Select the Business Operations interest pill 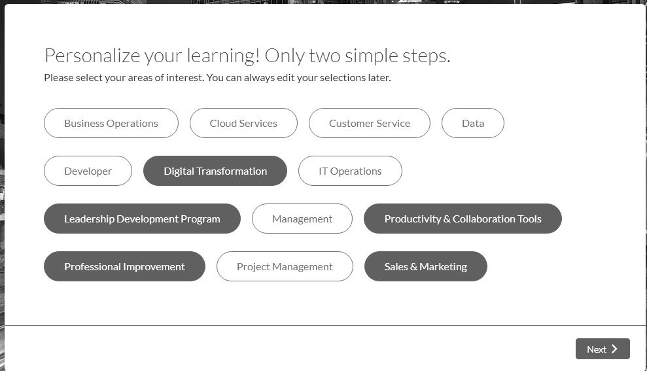tap(111, 123)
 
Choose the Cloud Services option tap(243, 123)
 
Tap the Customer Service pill tap(370, 123)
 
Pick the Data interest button tap(473, 123)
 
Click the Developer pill tap(88, 171)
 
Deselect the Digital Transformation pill tap(215, 171)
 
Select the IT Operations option tap(350, 171)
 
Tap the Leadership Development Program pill tap(142, 219)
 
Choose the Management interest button tap(302, 219)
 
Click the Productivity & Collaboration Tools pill tap(463, 219)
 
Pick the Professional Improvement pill tap(124, 266)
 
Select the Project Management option tap(285, 266)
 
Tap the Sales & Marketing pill tap(426, 266)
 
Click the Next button tap(603, 349)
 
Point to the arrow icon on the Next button tap(614, 349)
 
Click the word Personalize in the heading tap(92, 56)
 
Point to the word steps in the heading tap(427, 56)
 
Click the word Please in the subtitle tap(59, 78)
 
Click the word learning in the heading tap(223, 56)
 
